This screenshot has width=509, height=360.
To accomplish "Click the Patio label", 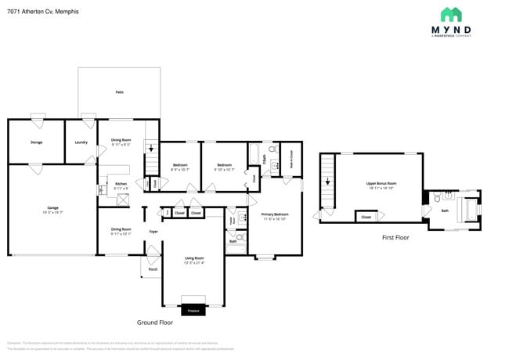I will [x=119, y=92].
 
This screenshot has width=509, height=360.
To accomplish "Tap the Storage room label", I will [x=36, y=142].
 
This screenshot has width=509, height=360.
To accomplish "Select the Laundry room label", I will [x=81, y=142].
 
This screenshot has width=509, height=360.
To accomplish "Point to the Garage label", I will [x=52, y=208].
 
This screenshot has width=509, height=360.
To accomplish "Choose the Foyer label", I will [x=153, y=232].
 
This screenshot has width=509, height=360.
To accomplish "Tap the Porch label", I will [x=153, y=268].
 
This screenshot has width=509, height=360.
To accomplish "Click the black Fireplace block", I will [x=191, y=311].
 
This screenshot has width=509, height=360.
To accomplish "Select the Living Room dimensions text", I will [x=193, y=263].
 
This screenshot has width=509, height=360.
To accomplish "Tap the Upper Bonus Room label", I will [x=381, y=184].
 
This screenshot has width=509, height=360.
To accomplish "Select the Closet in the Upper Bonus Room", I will [x=366, y=217].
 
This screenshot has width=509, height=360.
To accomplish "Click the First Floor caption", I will [x=395, y=237].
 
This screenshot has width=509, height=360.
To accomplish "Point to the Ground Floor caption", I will [x=154, y=322].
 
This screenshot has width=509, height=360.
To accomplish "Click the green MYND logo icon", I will [x=451, y=15].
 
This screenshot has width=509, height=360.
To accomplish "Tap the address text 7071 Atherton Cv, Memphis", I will [x=39, y=13].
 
